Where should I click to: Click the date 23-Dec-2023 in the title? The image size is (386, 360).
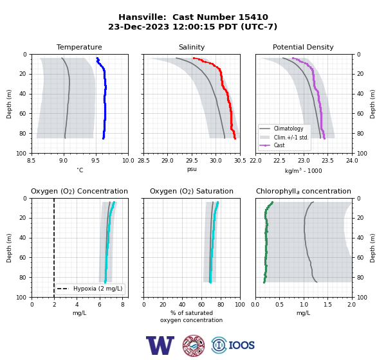[138, 26]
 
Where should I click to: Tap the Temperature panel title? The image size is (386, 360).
[79, 47]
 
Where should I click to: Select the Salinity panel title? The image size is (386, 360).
[192, 47]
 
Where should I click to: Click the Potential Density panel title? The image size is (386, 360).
[303, 47]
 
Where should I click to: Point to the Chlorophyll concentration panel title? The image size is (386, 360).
[303, 191]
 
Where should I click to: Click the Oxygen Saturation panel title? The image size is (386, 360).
[192, 191]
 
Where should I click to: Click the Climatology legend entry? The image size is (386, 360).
[288, 129]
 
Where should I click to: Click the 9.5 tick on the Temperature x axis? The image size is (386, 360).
[95, 161]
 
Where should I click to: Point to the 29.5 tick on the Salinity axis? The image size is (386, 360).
[192, 161]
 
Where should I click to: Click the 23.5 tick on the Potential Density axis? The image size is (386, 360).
[327, 161]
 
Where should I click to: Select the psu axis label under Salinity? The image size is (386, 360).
[192, 169]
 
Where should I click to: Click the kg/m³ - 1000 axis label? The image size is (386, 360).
[303, 170]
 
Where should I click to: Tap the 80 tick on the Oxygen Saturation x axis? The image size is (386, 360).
[221, 305]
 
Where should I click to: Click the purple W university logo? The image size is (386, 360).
[160, 345]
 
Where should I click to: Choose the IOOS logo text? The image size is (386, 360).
[241, 345]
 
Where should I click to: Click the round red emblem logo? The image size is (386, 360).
[194, 345]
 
